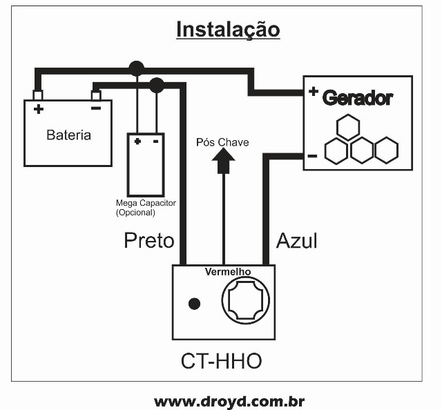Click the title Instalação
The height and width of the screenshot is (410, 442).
[228, 30]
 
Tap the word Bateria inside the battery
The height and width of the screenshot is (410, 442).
[68, 135]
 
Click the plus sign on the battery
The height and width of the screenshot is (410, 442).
[38, 109]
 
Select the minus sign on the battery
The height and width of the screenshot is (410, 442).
[96, 108]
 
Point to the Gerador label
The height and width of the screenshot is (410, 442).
[358, 98]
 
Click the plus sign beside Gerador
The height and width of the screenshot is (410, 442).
[313, 91]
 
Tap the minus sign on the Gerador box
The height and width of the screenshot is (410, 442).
[312, 156]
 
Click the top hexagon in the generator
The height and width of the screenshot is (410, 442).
[347, 127]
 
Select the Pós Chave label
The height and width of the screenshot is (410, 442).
[222, 142]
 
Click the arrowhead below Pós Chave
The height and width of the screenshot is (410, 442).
[222, 162]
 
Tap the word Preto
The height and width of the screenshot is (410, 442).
[148, 240]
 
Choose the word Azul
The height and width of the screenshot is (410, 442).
[297, 240]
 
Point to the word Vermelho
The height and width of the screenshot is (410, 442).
[228, 272]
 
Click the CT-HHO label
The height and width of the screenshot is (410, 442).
[222, 361]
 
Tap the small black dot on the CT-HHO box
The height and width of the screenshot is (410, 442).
[195, 304]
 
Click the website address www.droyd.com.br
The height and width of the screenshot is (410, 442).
[229, 401]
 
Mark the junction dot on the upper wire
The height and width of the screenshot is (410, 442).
[137, 68]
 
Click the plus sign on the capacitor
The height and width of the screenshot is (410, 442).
[137, 141]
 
